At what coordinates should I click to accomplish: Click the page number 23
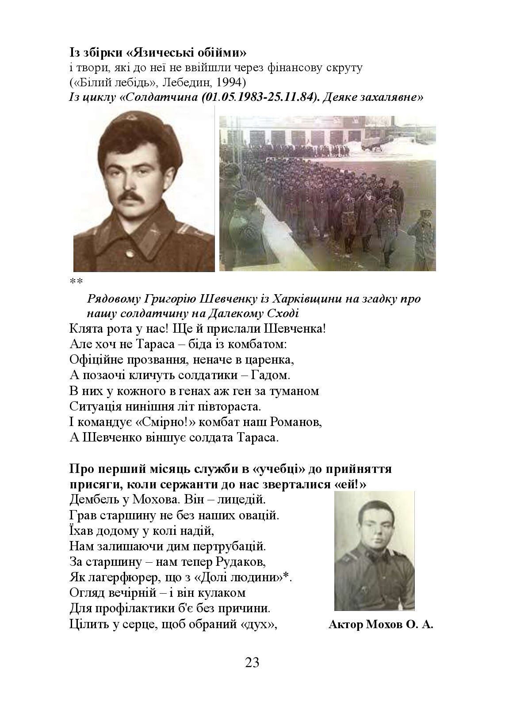(x=252, y=663)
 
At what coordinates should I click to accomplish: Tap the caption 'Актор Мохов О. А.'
(x=381, y=625)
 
